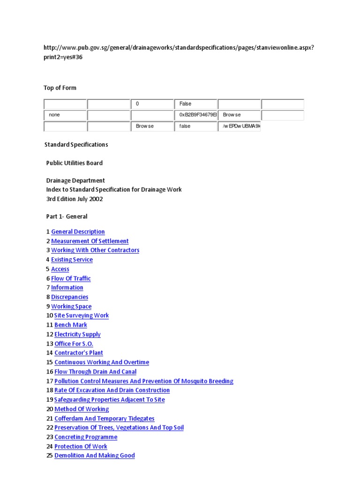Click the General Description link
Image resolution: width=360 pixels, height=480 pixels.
point(78,232)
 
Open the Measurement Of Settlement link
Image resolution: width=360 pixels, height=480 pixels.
point(90,241)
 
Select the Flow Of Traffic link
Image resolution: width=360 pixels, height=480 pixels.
point(71,278)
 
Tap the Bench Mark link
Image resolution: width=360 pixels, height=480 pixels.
point(71,325)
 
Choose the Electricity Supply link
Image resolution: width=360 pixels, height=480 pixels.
point(77,334)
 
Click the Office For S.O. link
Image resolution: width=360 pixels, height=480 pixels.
point(74,344)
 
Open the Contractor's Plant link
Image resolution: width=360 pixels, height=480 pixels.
point(79,353)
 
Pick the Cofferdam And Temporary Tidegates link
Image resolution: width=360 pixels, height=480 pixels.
point(104,419)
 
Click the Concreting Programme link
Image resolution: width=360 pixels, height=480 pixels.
point(86,437)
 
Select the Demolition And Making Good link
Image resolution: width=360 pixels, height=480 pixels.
point(94,456)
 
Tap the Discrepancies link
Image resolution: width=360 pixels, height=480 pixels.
point(69,297)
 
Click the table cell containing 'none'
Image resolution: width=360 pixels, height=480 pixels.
point(65,115)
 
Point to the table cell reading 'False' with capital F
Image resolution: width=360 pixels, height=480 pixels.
point(196,104)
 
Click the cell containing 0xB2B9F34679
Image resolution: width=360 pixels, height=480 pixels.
point(196,115)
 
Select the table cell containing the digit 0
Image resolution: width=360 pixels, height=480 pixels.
point(152,104)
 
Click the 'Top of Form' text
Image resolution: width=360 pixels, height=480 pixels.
point(60,88)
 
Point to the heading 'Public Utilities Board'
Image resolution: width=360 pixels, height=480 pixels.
point(74,163)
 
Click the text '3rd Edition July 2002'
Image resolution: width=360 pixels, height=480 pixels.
point(74,199)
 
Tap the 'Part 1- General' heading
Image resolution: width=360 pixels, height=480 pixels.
point(67,217)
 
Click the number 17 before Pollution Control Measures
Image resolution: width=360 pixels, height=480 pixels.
point(49,381)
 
